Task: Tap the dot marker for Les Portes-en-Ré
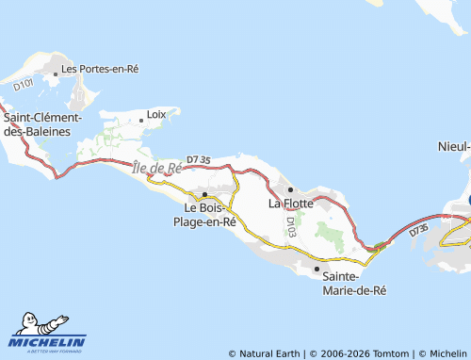pyautogui.click(x=56, y=70)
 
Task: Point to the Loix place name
pyautogui.click(x=157, y=116)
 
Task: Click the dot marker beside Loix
pyautogui.click(x=141, y=118)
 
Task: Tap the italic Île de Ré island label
pyautogui.click(x=157, y=168)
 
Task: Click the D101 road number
pyautogui.click(x=24, y=90)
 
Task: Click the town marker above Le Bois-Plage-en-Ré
pyautogui.click(x=204, y=195)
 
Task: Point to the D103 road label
pyautogui.click(x=291, y=226)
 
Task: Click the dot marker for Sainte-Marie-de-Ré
pyautogui.click(x=317, y=269)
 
